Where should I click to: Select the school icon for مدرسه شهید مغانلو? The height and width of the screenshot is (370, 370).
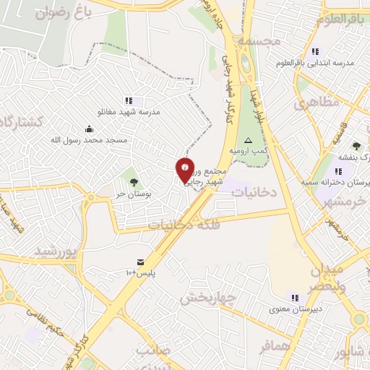(x=129, y=101)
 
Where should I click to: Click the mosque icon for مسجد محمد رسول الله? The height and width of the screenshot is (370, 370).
(x=89, y=129)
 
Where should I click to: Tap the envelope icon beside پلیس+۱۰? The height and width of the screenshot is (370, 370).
(x=140, y=262)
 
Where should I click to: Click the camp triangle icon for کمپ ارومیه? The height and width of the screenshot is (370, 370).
(x=249, y=140)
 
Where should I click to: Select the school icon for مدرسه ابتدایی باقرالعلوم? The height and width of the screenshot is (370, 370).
(x=315, y=52)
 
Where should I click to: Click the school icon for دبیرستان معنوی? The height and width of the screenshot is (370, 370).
(x=293, y=296)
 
